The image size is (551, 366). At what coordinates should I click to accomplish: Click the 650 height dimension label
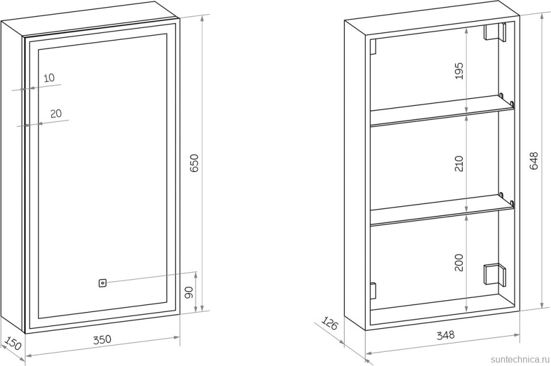click(194, 163)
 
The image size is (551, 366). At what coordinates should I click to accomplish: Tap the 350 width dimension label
click(102, 340)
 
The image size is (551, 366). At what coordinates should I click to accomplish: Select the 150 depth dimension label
click(14, 343)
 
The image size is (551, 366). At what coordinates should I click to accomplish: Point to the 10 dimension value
click(49, 78)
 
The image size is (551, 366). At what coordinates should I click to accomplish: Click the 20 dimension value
click(56, 114)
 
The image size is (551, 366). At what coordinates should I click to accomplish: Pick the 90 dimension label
click(189, 293)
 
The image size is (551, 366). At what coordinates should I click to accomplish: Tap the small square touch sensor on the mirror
click(102, 283)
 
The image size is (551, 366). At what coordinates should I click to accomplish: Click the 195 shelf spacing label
click(460, 70)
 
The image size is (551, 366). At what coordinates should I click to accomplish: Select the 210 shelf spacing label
click(460, 164)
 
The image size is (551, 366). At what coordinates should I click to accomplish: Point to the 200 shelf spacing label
click(460, 263)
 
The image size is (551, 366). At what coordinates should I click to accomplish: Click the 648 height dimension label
click(533, 160)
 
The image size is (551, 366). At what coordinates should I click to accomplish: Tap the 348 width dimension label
click(445, 335)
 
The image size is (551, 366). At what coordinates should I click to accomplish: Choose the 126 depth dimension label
click(329, 323)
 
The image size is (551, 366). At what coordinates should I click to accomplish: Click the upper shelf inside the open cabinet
click(442, 111)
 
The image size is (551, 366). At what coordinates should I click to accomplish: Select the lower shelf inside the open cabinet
click(442, 210)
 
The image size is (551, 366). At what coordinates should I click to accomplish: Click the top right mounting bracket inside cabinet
click(495, 32)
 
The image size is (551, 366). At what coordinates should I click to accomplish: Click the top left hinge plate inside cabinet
click(373, 47)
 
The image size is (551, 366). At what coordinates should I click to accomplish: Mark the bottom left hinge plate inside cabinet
click(373, 291)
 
